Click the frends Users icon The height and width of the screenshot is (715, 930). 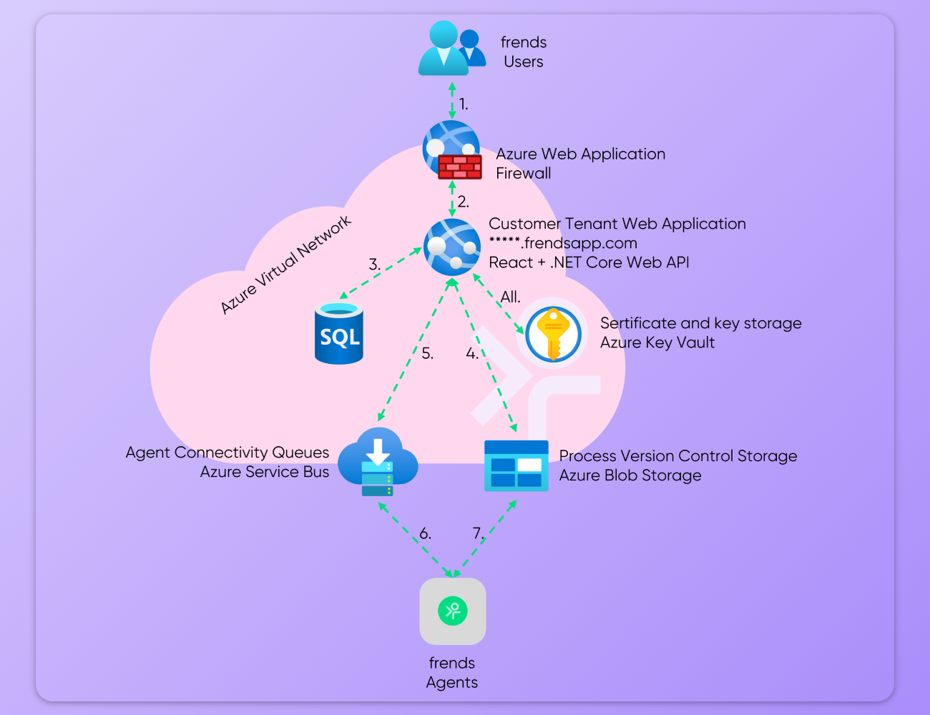451,49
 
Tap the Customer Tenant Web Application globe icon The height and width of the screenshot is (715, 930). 452,247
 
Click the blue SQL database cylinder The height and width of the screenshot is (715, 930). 339,333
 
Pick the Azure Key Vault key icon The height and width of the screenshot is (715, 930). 553,333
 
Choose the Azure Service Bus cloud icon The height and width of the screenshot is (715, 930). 378,462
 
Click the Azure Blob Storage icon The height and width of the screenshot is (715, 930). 516,465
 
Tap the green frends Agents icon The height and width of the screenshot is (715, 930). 452,611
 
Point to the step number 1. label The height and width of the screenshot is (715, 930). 464,104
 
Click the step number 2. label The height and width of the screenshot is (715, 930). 464,202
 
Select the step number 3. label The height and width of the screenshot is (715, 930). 374,265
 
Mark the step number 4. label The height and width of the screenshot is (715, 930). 472,353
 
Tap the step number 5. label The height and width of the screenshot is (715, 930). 427,353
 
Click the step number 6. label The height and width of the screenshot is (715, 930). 425,533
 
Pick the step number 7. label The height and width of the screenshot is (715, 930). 478,533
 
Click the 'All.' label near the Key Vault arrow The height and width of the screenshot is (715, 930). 510,297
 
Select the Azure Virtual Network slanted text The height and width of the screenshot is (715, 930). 285,265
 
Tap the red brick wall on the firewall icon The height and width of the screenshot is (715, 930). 460,167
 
